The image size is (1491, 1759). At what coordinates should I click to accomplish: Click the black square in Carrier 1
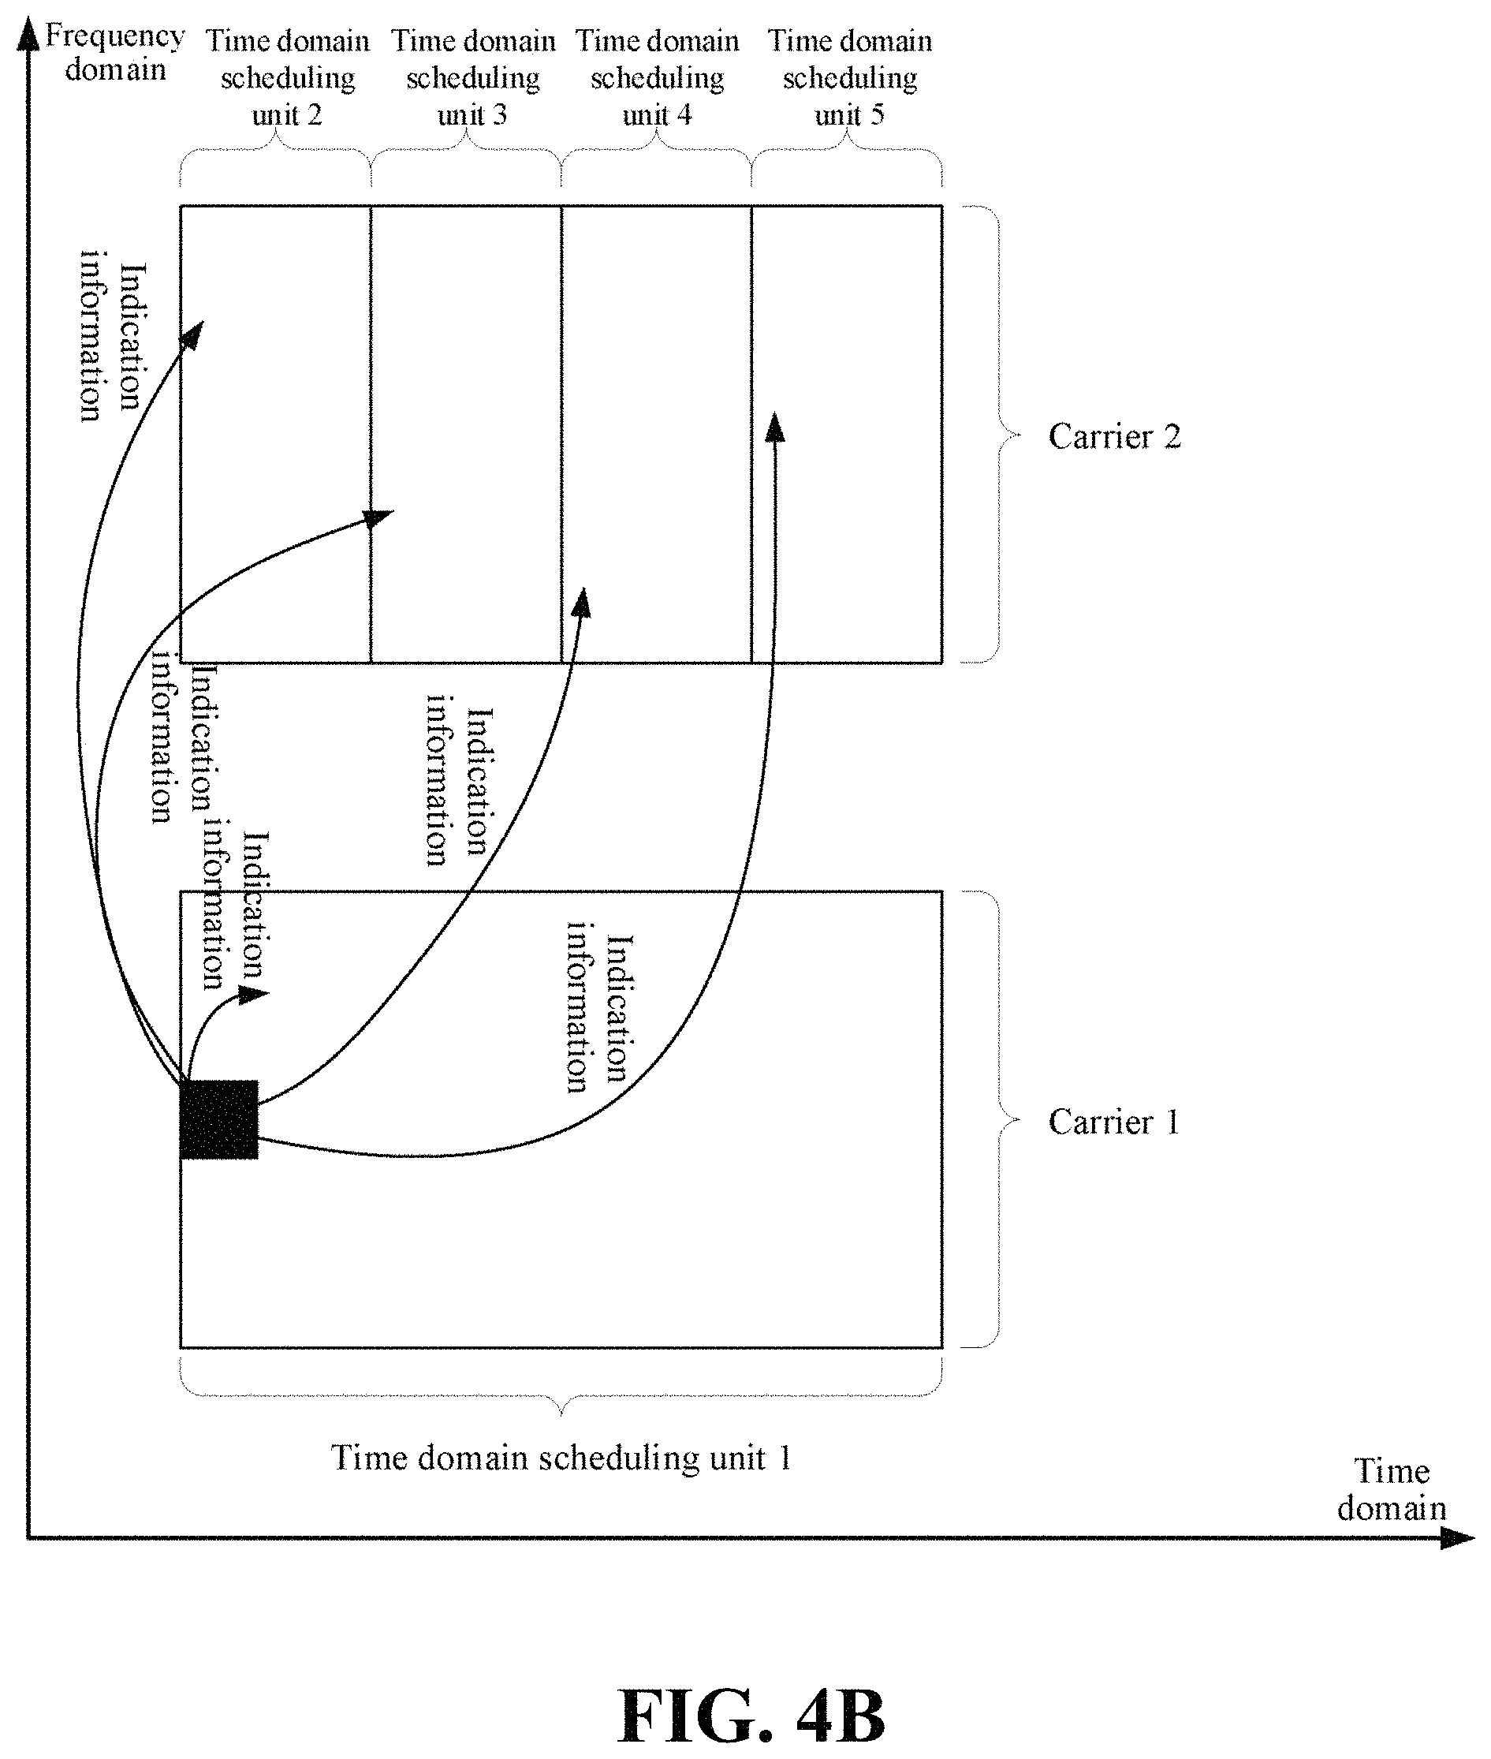[x=219, y=1119]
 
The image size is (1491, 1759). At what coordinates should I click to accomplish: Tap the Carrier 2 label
[x=1114, y=436]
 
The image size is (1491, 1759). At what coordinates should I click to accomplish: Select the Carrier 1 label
[x=1113, y=1122]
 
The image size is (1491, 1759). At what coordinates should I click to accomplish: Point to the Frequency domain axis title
[x=115, y=52]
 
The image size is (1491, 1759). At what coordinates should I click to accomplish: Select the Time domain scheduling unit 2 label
[x=287, y=77]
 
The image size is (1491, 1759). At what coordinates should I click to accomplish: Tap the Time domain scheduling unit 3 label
[x=472, y=77]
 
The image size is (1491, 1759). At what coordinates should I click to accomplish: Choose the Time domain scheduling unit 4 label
[x=658, y=77]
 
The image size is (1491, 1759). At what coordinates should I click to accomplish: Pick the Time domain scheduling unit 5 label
[x=849, y=77]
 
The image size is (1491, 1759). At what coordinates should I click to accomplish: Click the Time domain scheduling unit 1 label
[x=561, y=1457]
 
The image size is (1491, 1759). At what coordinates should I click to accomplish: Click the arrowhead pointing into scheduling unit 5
[x=774, y=427]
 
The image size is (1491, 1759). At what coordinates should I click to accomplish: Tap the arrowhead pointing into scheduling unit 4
[x=583, y=602]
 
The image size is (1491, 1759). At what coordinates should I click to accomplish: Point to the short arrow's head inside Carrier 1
[x=253, y=994]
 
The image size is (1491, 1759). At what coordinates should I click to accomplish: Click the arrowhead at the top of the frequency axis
[x=30, y=35]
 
